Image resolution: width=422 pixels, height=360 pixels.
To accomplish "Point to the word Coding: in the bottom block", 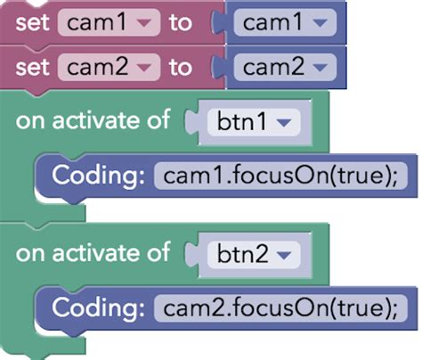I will point(98,307).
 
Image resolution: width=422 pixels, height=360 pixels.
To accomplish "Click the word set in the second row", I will point(32,67).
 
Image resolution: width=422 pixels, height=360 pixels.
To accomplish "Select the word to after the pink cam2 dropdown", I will point(180,67).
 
